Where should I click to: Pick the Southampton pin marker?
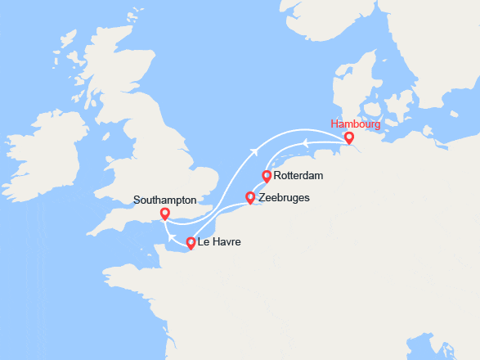164,214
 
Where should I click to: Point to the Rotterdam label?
300,176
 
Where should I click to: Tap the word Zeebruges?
283,197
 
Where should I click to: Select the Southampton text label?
165,200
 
